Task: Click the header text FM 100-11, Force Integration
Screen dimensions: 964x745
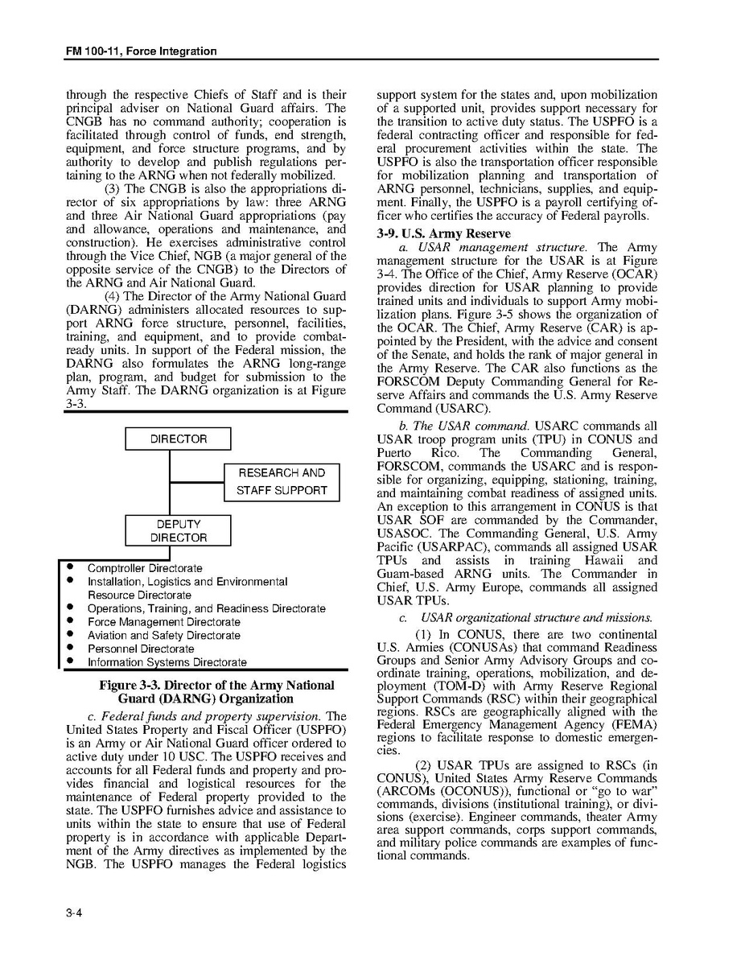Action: point(141,51)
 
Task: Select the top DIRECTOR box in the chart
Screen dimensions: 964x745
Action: point(178,439)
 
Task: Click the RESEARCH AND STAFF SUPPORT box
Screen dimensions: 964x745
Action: point(282,482)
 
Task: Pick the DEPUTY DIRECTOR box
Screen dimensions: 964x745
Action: point(178,531)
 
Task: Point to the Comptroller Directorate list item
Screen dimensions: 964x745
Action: point(145,569)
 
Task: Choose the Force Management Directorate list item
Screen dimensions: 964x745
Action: point(163,622)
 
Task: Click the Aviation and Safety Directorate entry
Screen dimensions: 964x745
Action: point(163,636)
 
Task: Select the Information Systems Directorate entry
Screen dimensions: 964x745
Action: point(167,663)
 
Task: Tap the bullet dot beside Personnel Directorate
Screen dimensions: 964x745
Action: point(71,648)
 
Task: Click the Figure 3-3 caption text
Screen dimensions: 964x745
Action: point(216,692)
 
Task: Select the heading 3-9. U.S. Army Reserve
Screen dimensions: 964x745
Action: point(432,234)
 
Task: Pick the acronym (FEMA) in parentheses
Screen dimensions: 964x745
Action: point(633,725)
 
